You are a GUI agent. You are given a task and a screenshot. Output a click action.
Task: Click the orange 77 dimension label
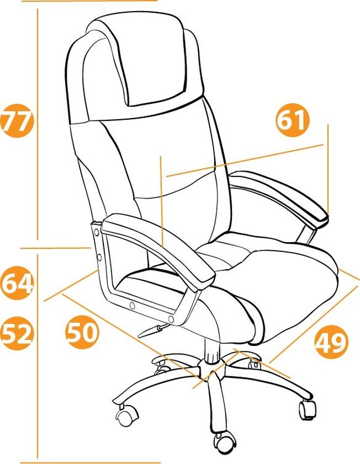click(x=17, y=120)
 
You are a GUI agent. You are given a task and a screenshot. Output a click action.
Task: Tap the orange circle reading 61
click(x=293, y=120)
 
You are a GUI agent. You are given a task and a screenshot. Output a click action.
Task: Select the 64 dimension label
click(x=17, y=283)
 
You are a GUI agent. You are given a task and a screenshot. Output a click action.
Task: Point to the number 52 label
click(x=17, y=333)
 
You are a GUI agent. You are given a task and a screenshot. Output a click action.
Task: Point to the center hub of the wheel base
click(x=211, y=369)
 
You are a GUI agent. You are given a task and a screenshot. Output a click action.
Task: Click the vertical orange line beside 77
click(x=38, y=124)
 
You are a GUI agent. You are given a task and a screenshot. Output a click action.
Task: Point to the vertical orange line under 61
click(x=328, y=168)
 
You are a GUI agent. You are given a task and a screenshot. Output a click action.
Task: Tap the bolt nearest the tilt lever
click(x=171, y=319)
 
